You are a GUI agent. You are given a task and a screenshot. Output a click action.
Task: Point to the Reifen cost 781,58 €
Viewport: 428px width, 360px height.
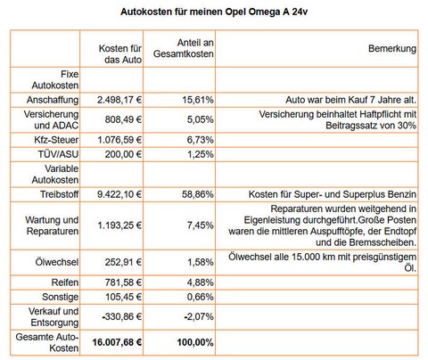click(x=120, y=282)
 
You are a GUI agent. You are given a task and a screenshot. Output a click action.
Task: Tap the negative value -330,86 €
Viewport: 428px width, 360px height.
click(x=118, y=318)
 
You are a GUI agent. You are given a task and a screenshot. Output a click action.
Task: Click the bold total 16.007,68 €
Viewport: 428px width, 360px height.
click(x=113, y=342)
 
